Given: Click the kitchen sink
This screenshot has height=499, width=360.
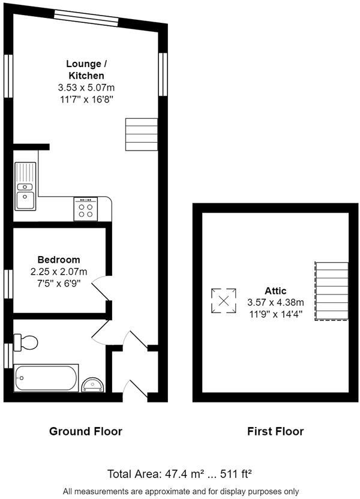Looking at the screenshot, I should pyautogui.click(x=25, y=187).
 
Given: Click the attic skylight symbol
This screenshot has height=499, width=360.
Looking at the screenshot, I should pyautogui.click(x=223, y=300).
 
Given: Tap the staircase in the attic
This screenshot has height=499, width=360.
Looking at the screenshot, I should pyautogui.click(x=331, y=291).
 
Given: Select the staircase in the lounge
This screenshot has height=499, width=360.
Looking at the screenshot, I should pyautogui.click(x=142, y=134).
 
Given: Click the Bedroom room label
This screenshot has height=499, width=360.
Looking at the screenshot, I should pyautogui.click(x=59, y=260).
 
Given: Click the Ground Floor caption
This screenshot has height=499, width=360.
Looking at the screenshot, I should pyautogui.click(x=85, y=431).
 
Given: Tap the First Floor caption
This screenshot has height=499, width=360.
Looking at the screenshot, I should pyautogui.click(x=275, y=431).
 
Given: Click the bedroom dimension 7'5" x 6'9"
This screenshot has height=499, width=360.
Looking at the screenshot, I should pyautogui.click(x=59, y=281).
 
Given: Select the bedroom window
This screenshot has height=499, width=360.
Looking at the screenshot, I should pyautogui.click(x=8, y=284).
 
